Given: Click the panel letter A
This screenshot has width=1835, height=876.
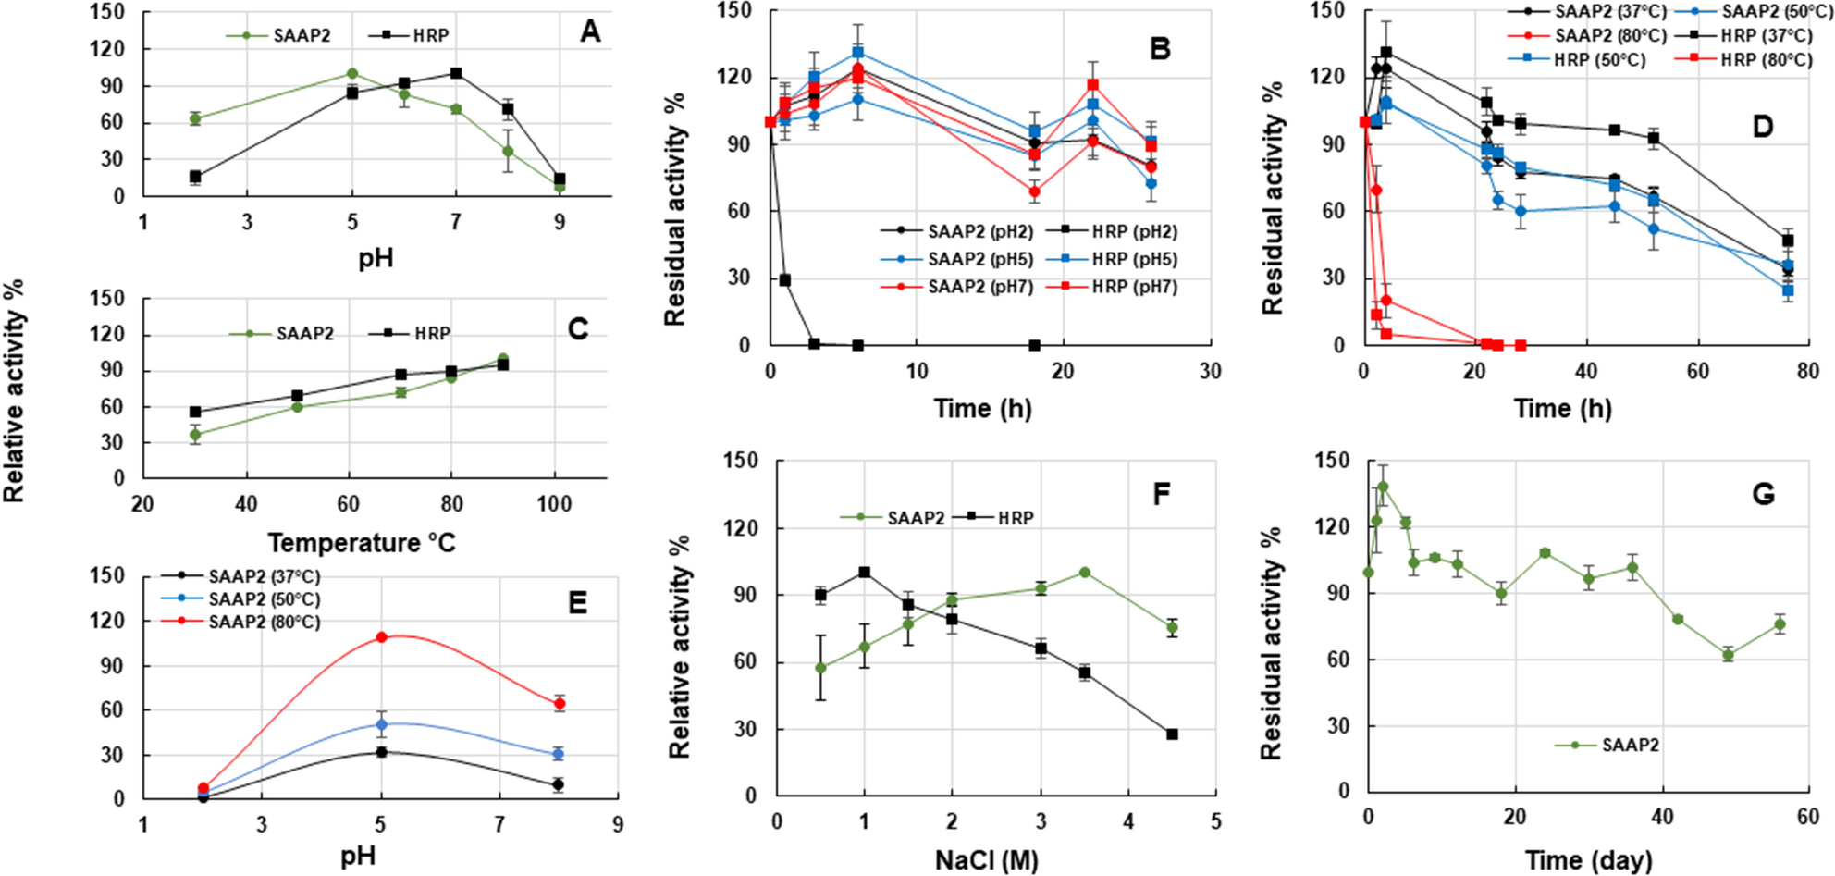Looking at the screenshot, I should coord(590,32).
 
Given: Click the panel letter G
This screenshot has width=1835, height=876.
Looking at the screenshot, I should coord(1763,494).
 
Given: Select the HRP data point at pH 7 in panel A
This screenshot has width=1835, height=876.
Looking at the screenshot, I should coord(456,73).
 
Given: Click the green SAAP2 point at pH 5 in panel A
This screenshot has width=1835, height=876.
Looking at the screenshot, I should coord(352,73).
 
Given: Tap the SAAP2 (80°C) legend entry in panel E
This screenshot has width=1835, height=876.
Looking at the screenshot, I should coord(264,623).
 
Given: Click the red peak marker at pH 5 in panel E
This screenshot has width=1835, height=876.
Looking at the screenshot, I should coord(381,637).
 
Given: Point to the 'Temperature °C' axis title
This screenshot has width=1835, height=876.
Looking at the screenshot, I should coord(362,542).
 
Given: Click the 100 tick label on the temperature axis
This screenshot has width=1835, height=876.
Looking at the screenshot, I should coord(554,504).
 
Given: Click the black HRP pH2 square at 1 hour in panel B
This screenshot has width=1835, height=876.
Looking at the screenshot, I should coord(785,280).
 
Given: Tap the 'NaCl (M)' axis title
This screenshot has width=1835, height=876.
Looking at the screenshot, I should coord(986,860).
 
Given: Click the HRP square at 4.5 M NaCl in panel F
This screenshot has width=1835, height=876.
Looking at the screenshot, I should coord(1172,734).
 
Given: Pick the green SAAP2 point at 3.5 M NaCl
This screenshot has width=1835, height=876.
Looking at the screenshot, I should coord(1085,573).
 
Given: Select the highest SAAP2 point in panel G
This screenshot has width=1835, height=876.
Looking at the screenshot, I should coord(1384,487).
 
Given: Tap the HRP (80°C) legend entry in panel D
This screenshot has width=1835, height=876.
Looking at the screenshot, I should coord(1766,60).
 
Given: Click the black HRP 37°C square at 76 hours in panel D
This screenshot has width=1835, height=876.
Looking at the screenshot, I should coord(1788,241).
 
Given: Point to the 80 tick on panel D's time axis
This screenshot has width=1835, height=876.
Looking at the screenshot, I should coord(1807,372).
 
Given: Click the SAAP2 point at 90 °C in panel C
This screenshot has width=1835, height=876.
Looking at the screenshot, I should coord(503,359).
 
